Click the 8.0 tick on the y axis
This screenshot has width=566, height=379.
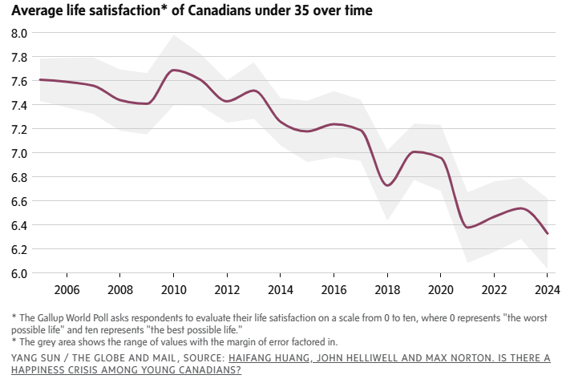[x=19, y=33]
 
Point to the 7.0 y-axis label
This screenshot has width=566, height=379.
[x=19, y=153]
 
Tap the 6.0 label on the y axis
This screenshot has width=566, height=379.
[x=19, y=273]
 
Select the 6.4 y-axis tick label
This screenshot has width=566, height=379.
[x=19, y=225]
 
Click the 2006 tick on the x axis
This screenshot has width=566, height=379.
[x=66, y=289]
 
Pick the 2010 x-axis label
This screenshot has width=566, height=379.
[x=174, y=289]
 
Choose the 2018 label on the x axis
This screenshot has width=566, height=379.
[x=387, y=289]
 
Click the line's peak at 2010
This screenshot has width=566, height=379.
[x=174, y=71]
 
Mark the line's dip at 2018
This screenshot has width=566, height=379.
[x=387, y=185]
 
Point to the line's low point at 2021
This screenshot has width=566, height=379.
[x=468, y=228]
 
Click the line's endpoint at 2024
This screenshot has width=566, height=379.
[x=548, y=234]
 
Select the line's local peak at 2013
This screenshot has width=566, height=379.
[x=254, y=91]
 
